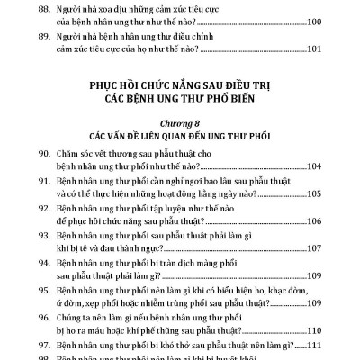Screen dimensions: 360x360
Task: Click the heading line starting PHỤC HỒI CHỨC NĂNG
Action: [x=180, y=85]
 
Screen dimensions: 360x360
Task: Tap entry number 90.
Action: [x=50, y=155]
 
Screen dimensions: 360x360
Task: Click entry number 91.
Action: [x=50, y=182]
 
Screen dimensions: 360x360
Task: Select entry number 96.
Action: [x=50, y=316]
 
